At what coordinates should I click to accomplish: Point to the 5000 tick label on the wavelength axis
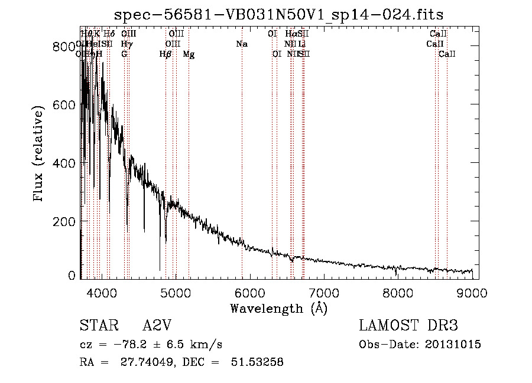coord(176,292)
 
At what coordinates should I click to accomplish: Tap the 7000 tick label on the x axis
coord(324,292)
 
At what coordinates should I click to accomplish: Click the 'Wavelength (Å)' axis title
coord(279,308)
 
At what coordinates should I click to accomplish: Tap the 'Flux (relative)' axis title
coord(40,155)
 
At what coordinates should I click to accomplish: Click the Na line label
coord(241,44)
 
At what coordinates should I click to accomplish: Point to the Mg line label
coord(189,54)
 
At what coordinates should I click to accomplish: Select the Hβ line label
coord(166,54)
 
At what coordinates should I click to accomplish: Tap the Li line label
coord(301,44)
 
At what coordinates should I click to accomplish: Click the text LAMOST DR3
coord(408,326)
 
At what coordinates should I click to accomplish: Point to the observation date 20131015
coord(453,345)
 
